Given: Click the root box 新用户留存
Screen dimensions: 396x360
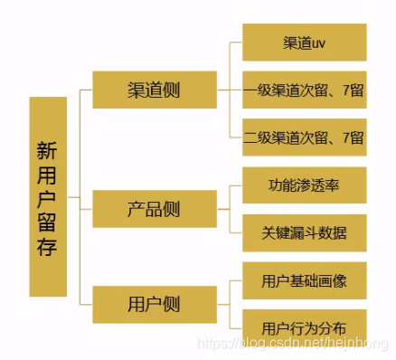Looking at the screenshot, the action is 48,197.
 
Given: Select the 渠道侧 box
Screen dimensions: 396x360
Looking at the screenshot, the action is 153,90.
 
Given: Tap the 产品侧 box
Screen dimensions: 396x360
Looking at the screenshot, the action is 153,209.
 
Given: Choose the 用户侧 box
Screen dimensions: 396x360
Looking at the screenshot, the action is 153,303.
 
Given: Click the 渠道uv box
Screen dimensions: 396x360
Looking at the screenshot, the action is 304,43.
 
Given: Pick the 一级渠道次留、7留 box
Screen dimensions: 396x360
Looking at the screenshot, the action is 304,90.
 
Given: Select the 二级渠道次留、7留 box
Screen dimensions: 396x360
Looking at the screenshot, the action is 304,137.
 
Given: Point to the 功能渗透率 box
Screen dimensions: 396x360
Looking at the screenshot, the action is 304,185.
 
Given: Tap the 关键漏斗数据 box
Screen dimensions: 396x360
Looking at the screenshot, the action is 304,232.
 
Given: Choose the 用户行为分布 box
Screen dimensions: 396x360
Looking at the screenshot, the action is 304,327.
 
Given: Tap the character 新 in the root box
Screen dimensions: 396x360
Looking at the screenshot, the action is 48,148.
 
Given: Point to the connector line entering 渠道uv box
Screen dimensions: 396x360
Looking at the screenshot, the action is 233,43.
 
